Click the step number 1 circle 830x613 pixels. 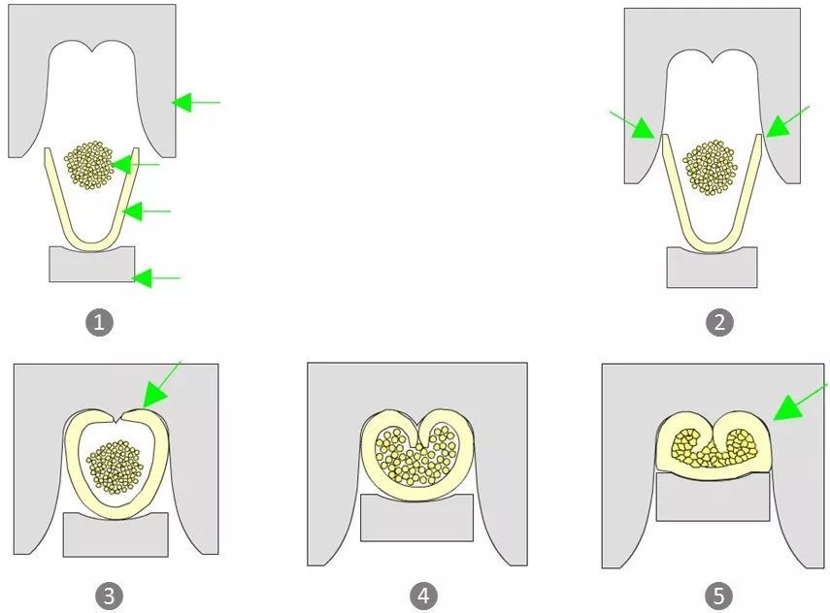click(100, 322)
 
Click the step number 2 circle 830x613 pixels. click(719, 322)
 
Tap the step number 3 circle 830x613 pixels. click(109, 597)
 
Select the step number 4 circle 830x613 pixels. click(423, 597)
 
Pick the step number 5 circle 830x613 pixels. click(718, 597)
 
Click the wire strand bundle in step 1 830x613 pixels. click(88, 165)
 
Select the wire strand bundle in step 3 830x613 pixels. click(115, 467)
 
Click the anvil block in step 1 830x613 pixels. click(92, 264)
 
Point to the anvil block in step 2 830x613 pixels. click(712, 268)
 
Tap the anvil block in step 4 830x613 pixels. click(416, 518)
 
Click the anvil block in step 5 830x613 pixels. click(713, 497)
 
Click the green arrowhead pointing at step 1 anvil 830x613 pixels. click(142, 277)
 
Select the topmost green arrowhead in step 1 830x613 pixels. click(182, 102)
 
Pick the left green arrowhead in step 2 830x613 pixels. click(643, 129)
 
